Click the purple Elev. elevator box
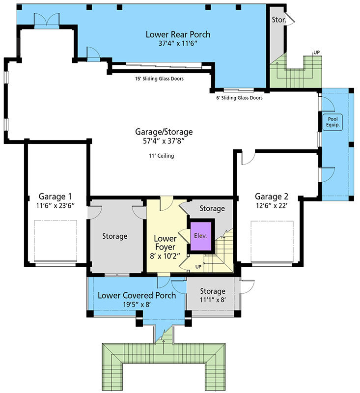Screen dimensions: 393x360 [x=201, y=236]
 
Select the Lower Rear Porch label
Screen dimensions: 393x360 [x=178, y=34]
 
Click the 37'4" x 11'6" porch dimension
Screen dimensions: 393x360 [x=178, y=44]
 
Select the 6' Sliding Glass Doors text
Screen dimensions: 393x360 [x=240, y=98]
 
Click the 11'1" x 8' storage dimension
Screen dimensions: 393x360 [x=212, y=300]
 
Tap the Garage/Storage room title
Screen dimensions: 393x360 [x=164, y=132]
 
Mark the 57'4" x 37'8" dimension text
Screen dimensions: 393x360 [x=164, y=141]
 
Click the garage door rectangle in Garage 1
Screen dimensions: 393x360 [x=55, y=243]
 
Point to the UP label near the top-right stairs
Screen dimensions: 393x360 [x=317, y=52]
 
